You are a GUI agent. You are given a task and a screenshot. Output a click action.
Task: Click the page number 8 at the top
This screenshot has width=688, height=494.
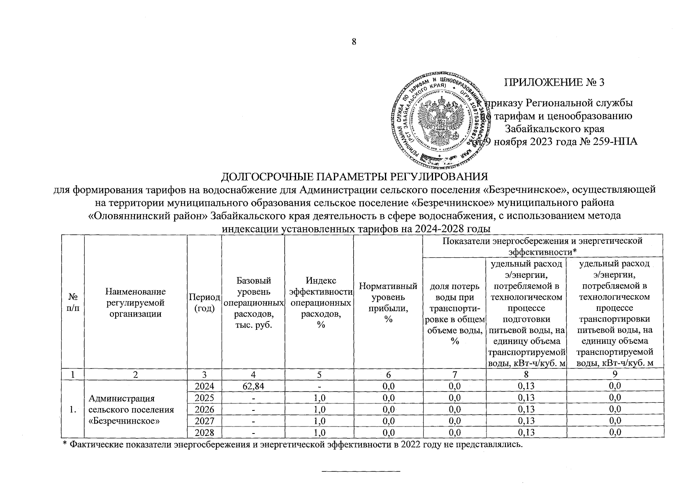[353, 42]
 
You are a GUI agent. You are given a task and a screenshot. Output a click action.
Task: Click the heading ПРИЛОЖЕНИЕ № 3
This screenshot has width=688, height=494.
[554, 82]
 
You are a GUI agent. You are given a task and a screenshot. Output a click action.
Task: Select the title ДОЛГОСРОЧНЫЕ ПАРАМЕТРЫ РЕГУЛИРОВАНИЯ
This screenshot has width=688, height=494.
[354, 177]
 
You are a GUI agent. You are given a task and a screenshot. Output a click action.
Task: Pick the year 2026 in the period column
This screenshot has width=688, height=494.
[204, 410]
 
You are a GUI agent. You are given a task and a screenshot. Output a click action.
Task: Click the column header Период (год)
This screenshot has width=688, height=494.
[204, 303]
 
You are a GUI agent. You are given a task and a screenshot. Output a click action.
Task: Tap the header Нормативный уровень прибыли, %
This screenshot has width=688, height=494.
[387, 303]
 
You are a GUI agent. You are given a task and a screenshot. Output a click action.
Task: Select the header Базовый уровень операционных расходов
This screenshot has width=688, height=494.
[253, 303]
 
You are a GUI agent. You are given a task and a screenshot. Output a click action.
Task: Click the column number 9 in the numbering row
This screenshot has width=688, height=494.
[614, 374]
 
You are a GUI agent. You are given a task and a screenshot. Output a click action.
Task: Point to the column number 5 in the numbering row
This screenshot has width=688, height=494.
[318, 374]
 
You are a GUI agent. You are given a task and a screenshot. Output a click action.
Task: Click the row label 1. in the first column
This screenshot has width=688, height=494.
[72, 410]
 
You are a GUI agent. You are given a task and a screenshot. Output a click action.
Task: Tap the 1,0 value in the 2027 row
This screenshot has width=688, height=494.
[318, 421]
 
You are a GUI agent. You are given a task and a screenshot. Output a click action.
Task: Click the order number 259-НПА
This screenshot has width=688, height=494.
[615, 142]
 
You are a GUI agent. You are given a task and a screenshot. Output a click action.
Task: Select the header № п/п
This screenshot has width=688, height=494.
[72, 303]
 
